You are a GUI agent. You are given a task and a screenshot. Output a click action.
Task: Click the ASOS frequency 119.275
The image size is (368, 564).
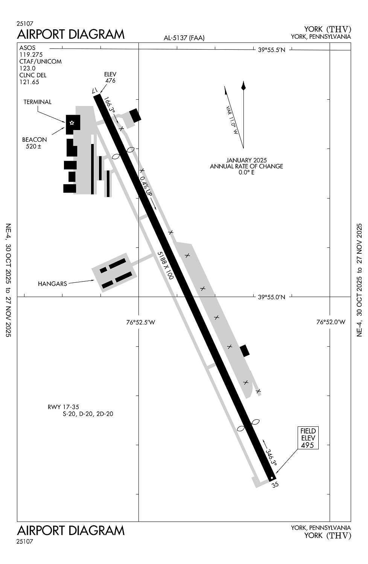(31, 55)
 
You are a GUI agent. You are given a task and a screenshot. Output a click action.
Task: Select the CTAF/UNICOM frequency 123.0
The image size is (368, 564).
(27, 68)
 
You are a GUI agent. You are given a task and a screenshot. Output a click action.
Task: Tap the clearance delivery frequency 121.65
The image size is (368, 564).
(29, 82)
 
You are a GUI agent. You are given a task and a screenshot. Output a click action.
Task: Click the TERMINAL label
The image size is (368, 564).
(38, 102)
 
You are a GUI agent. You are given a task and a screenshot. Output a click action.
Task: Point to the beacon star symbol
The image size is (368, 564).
(72, 123)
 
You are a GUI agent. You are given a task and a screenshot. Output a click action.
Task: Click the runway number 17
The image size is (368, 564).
(95, 90)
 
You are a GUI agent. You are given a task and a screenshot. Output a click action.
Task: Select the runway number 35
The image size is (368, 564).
(275, 484)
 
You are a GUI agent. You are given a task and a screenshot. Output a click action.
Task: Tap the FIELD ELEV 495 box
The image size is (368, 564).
(308, 438)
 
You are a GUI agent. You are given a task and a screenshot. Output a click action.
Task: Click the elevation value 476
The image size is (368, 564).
(110, 80)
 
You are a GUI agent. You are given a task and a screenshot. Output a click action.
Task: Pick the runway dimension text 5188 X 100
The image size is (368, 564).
(165, 265)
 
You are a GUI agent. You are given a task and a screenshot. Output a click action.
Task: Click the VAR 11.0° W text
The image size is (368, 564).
(232, 120)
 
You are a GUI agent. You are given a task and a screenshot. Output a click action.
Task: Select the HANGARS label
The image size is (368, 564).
(52, 284)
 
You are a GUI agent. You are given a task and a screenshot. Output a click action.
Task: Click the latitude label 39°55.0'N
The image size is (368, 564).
(271, 297)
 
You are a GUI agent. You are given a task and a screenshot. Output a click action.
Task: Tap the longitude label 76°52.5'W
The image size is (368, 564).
(141, 322)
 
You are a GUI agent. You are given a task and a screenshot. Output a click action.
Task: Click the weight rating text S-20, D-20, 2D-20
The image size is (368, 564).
(88, 414)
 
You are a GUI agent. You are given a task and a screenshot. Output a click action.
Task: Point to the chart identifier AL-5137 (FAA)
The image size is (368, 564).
(184, 38)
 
